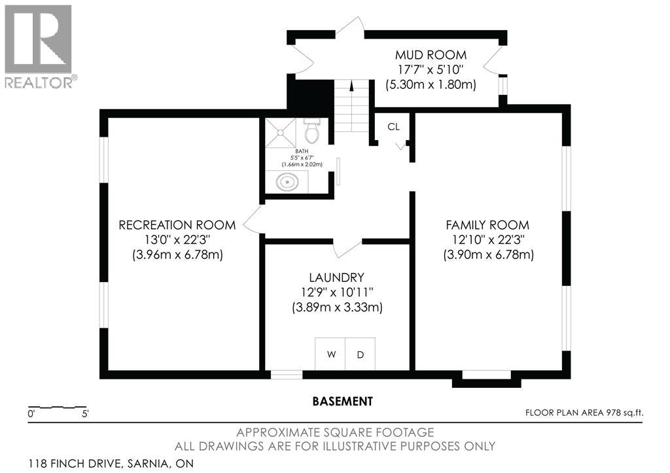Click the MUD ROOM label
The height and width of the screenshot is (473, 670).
pyautogui.click(x=431, y=55)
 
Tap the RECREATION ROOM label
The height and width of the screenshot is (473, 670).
pyautogui.click(x=177, y=225)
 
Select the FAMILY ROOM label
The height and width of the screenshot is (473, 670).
pyautogui.click(x=487, y=225)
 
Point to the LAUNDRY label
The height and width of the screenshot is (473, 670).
pyautogui.click(x=337, y=278)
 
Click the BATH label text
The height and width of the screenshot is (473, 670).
pyautogui.click(x=302, y=151)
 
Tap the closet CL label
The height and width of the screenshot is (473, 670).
pyautogui.click(x=393, y=127)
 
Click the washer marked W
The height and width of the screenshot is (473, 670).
pyautogui.click(x=330, y=354)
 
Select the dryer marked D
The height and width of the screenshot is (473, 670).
pyautogui.click(x=361, y=354)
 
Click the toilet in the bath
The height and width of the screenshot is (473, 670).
pyautogui.click(x=313, y=130)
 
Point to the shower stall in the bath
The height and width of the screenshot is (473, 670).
pyautogui.click(x=280, y=133)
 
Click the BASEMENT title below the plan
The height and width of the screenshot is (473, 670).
pyautogui.click(x=343, y=402)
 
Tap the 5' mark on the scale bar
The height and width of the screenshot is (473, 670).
pyautogui.click(x=85, y=414)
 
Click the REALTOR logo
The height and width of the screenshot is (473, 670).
pyautogui.click(x=39, y=46)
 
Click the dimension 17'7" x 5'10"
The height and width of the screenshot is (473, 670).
pyautogui.click(x=431, y=69)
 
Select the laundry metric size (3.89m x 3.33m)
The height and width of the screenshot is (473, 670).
pyautogui.click(x=337, y=307)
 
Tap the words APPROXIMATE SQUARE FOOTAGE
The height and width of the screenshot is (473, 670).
pyautogui.click(x=335, y=432)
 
